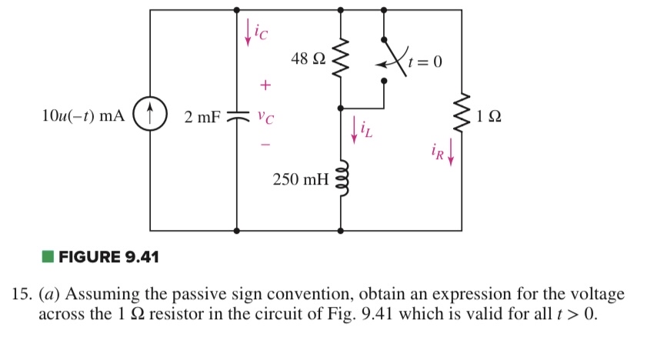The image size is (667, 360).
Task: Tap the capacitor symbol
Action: point(237,118)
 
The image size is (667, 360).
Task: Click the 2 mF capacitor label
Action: point(202,118)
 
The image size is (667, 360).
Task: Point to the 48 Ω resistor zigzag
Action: point(340,58)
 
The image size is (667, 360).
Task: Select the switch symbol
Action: point(392,58)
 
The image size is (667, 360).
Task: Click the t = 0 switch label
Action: point(427,62)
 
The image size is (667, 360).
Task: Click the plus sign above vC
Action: point(265,82)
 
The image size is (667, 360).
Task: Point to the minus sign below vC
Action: point(265,144)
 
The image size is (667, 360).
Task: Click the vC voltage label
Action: point(265,118)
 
